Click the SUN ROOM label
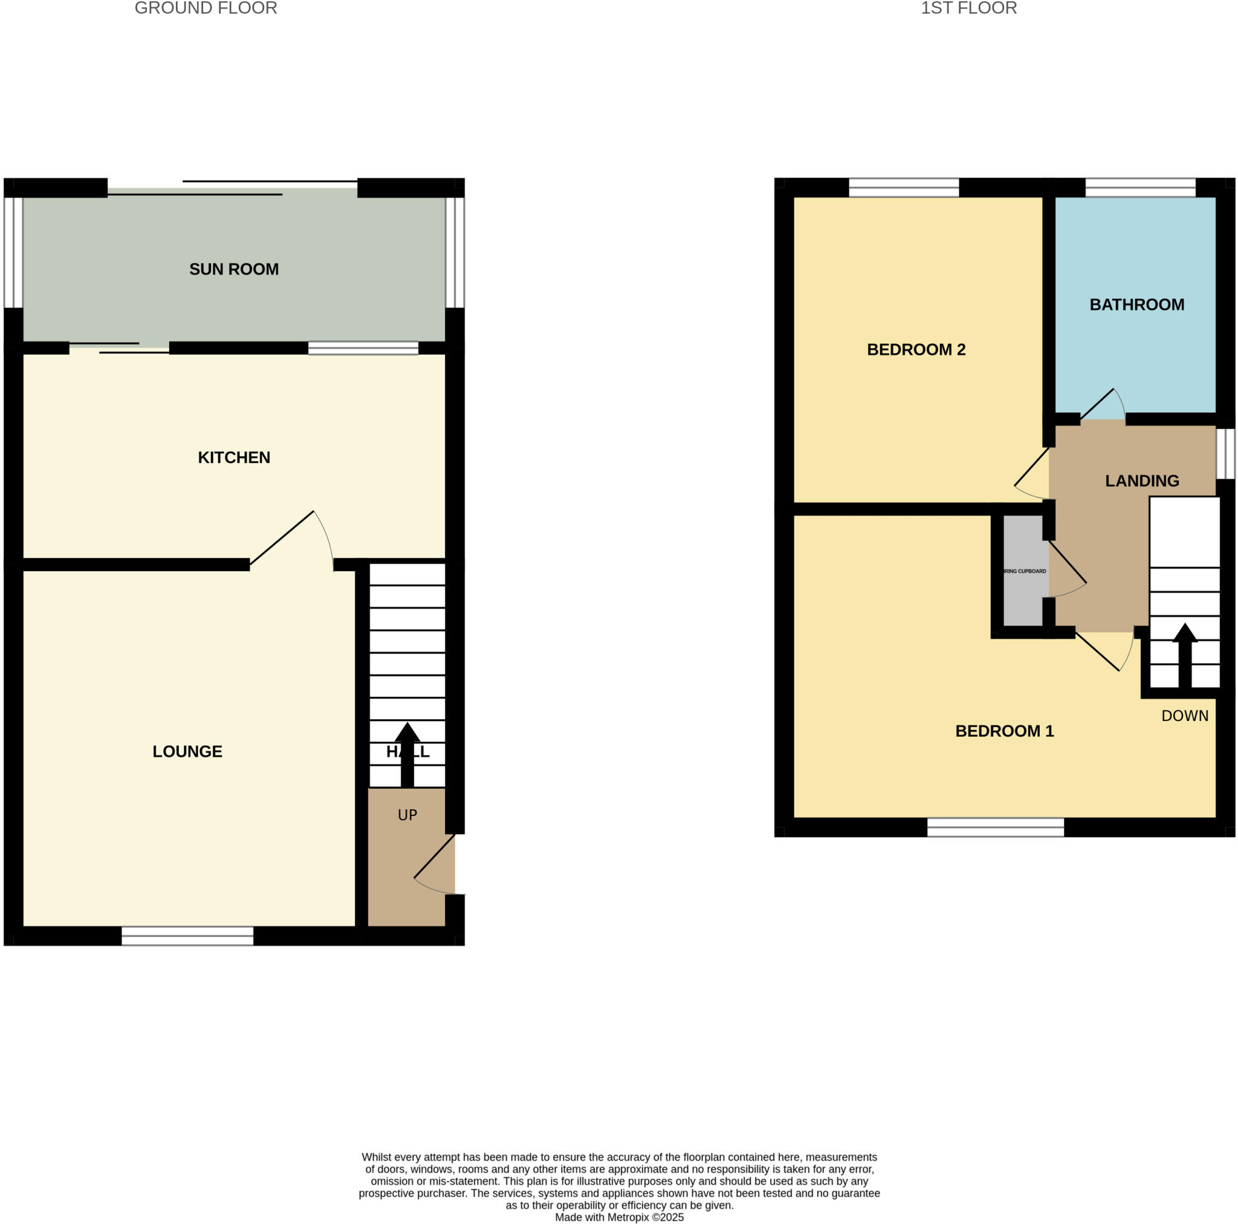click(234, 269)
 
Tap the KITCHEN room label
click(234, 458)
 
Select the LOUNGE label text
click(187, 752)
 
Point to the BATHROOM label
click(1137, 305)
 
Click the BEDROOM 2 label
click(916, 350)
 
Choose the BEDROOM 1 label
click(1004, 731)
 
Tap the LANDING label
click(1142, 481)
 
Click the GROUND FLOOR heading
click(206, 8)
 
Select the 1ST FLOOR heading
click(968, 8)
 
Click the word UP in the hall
click(407, 815)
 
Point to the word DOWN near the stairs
click(1185, 716)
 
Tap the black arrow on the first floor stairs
click(1185, 654)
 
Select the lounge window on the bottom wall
click(187, 936)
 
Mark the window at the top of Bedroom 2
click(904, 188)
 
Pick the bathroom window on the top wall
click(1140, 188)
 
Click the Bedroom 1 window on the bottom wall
click(995, 827)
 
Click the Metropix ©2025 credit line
click(619, 1217)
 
